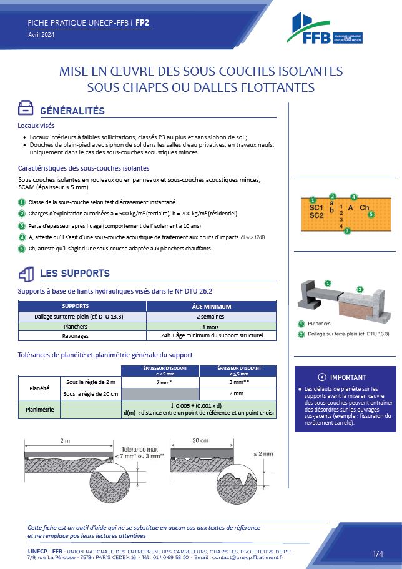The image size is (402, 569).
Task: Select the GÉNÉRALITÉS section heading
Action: pos(72,111)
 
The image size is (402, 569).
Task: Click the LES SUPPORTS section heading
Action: pos(74,274)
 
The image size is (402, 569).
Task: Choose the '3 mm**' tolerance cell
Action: pos(235,382)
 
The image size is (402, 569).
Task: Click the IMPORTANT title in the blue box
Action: pos(348,377)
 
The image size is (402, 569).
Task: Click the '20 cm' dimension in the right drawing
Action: pos(200,440)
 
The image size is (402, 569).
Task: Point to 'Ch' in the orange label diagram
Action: pos(365,207)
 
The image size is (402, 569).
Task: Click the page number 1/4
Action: pos(378,554)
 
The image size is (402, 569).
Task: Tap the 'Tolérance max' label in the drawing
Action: pos(139,448)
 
